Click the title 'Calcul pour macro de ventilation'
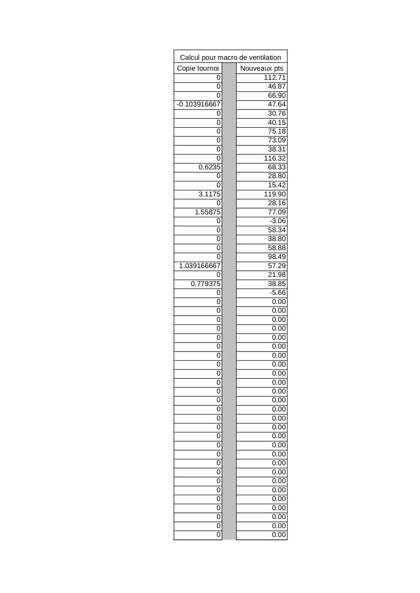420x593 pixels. (230, 57)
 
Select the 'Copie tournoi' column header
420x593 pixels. (198, 68)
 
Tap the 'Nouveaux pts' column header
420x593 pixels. (262, 68)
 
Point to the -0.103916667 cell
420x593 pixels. (198, 104)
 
